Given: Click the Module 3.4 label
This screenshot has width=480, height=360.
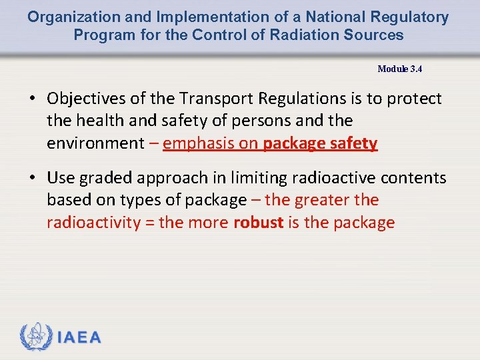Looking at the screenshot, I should (399, 69).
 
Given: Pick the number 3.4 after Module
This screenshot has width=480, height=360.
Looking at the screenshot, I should (415, 69).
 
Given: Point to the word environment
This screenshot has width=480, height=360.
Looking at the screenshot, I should (95, 143).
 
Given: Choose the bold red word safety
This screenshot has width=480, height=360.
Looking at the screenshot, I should (353, 143).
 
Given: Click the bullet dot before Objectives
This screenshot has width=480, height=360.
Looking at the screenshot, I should (32, 99).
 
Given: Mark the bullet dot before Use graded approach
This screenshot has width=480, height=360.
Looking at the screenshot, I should (32, 179).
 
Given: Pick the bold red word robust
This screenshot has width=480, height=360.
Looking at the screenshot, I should (259, 222).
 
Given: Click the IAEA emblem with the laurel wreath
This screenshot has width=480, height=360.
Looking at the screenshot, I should (36, 337).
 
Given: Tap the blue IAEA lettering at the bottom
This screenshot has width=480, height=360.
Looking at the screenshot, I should (80, 337).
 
